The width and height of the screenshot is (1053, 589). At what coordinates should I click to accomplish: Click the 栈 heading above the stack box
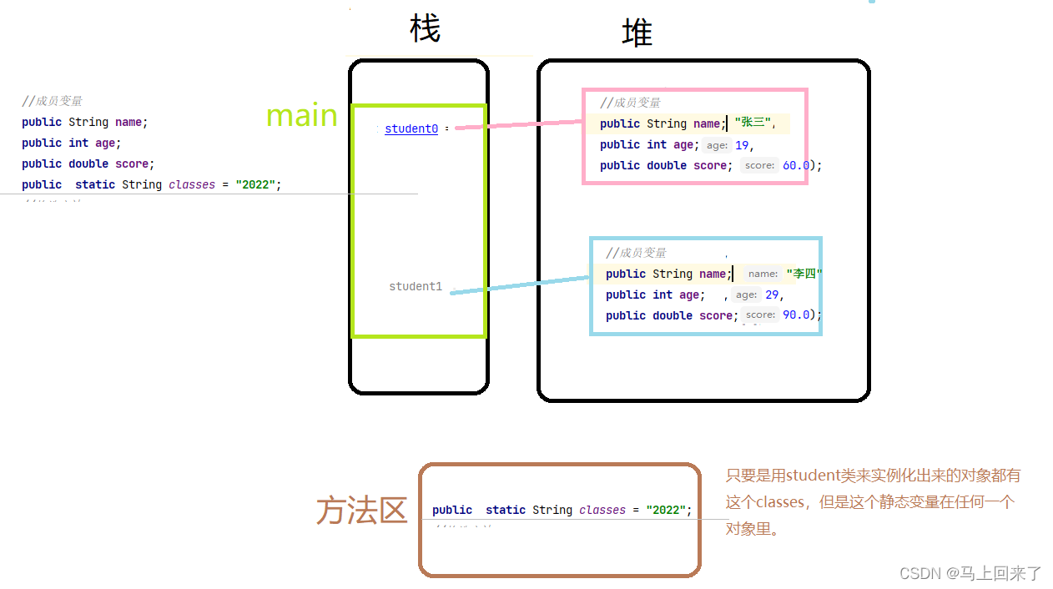pyautogui.click(x=425, y=30)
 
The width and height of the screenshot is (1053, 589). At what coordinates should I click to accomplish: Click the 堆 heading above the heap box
pyautogui.click(x=637, y=33)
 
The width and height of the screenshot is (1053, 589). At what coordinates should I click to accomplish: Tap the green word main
pyautogui.click(x=301, y=116)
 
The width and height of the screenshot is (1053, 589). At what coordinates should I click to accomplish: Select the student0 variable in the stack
pyautogui.click(x=411, y=129)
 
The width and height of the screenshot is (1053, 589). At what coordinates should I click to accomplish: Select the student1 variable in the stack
pyautogui.click(x=416, y=287)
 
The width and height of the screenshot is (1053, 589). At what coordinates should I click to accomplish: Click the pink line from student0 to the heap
pyautogui.click(x=517, y=125)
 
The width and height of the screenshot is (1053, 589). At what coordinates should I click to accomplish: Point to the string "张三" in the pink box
pyautogui.click(x=753, y=123)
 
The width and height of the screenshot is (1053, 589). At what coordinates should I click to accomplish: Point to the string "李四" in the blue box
pyautogui.click(x=804, y=274)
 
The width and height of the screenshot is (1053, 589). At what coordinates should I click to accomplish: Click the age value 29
pyautogui.click(x=772, y=294)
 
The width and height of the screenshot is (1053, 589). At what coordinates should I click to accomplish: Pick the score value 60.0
pyautogui.click(x=795, y=165)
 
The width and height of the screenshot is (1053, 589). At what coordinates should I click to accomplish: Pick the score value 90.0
pyautogui.click(x=796, y=315)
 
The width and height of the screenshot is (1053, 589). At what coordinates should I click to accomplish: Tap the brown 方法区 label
pyautogui.click(x=361, y=511)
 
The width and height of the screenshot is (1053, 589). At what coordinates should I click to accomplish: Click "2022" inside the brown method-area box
pyautogui.click(x=668, y=511)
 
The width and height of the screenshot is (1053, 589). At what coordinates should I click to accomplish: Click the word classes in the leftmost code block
pyautogui.click(x=192, y=184)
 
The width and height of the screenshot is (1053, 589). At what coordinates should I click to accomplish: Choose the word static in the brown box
pyautogui.click(x=506, y=511)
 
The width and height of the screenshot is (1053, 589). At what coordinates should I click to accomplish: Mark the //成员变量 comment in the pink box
pyautogui.click(x=630, y=103)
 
